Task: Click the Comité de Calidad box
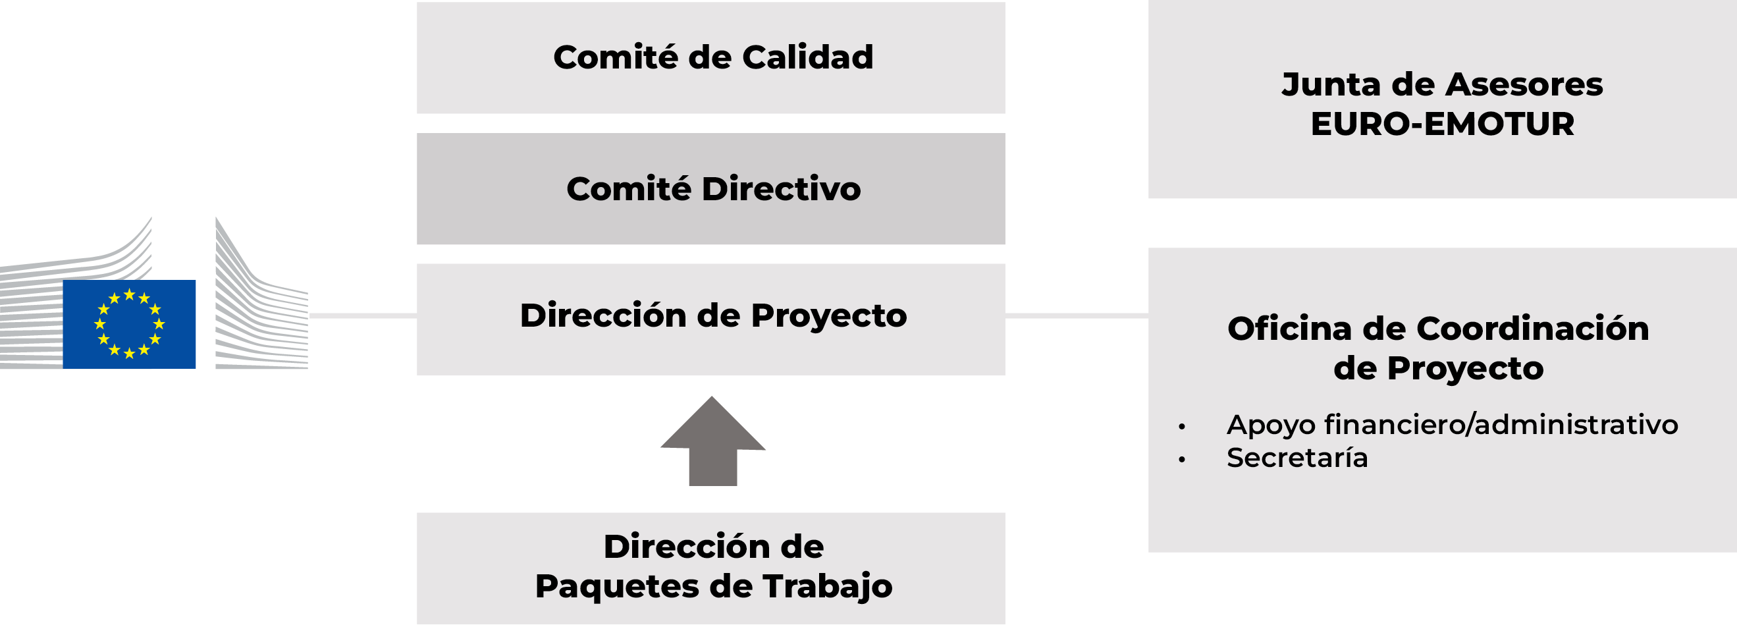pyautogui.click(x=710, y=57)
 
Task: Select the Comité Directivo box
pyautogui.click(x=710, y=188)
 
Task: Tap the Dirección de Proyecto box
pyautogui.click(x=710, y=319)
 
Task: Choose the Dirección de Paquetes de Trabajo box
pyautogui.click(x=710, y=568)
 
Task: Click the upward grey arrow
pyautogui.click(x=712, y=441)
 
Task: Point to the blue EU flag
pyautogui.click(x=130, y=323)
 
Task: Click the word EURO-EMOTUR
pyautogui.click(x=1442, y=124)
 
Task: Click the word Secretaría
pyautogui.click(x=1297, y=457)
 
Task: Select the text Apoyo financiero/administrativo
pyautogui.click(x=1453, y=425)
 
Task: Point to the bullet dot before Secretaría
pyautogui.click(x=1182, y=460)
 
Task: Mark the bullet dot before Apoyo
pyautogui.click(x=1182, y=426)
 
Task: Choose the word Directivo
pyautogui.click(x=781, y=188)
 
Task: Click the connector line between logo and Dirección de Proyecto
pyautogui.click(x=363, y=315)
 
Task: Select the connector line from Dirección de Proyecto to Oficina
pyautogui.click(x=1077, y=315)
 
